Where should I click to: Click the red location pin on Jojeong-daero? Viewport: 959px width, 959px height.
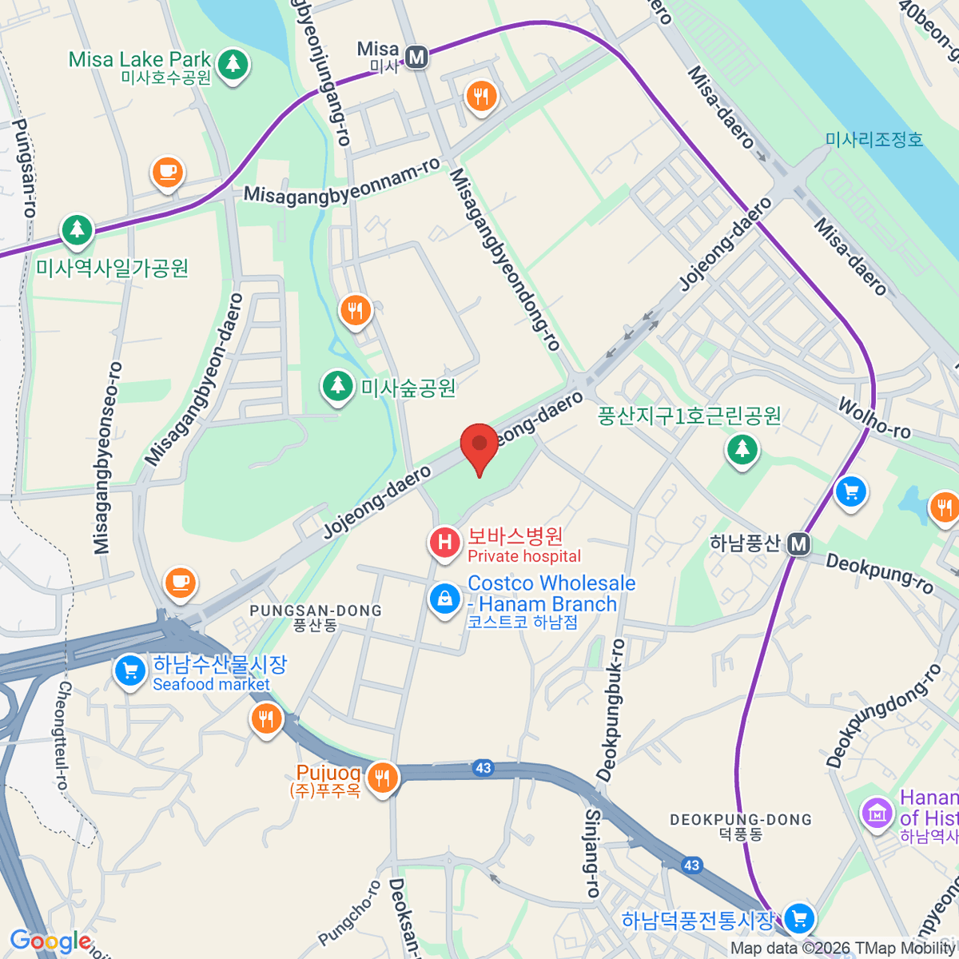479,446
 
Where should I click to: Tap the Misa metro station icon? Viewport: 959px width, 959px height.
416,58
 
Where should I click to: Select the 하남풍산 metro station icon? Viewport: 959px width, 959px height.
798,545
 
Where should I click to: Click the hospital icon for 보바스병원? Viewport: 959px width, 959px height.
445,543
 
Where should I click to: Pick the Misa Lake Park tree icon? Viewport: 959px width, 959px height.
233,62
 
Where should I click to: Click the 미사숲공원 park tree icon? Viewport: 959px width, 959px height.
338,386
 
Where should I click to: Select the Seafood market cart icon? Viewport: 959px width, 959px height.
129,670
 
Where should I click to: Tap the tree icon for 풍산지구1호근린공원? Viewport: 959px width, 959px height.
742,448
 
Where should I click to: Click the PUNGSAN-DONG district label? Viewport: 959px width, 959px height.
316,611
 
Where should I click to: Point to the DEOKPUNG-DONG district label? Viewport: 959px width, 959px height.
741,820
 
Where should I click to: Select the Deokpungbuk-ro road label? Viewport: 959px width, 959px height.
611,710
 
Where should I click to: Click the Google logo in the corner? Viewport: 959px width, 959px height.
50,941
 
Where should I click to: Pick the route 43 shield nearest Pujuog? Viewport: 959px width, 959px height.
483,768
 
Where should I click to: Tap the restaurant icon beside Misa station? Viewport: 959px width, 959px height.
480,96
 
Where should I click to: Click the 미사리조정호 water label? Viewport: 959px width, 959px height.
874,140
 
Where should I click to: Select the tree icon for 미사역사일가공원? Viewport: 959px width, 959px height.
77,230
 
